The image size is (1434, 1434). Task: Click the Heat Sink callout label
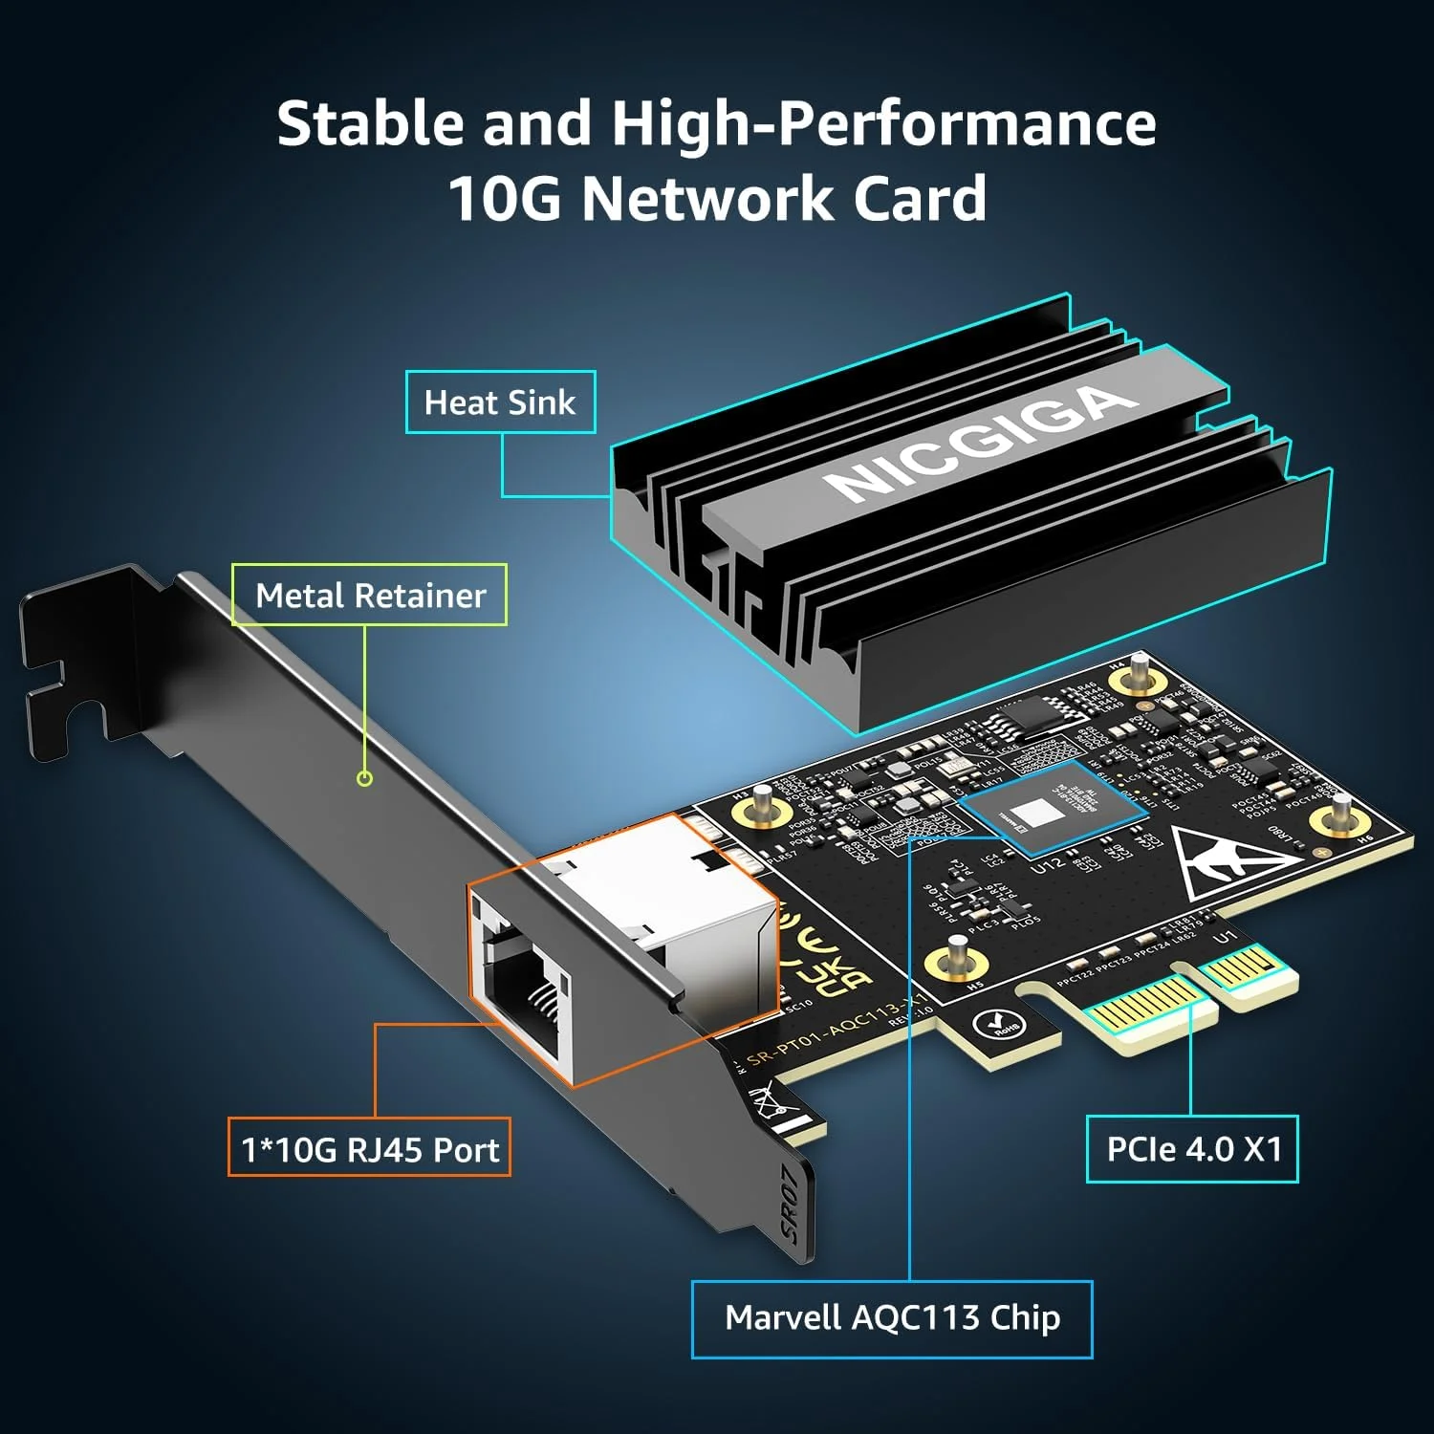(x=500, y=402)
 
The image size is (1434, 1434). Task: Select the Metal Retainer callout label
(x=370, y=596)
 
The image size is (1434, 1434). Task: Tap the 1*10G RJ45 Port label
(x=369, y=1148)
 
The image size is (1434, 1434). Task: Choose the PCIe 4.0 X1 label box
(x=1192, y=1148)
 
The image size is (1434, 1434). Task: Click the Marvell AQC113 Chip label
(x=892, y=1318)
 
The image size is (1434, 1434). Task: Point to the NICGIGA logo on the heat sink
(x=980, y=443)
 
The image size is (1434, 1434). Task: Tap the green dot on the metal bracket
(x=364, y=778)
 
